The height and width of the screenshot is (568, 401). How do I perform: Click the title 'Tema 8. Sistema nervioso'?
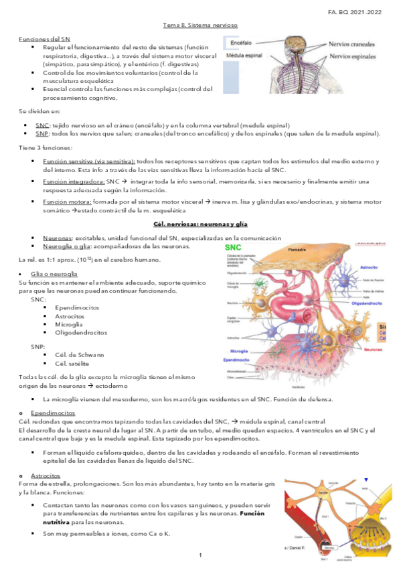(x=200, y=25)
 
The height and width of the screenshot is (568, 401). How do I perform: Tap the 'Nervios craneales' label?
(x=351, y=44)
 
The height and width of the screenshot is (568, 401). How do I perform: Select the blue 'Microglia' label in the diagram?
(x=240, y=351)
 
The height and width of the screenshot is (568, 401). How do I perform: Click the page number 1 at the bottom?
(x=200, y=556)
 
